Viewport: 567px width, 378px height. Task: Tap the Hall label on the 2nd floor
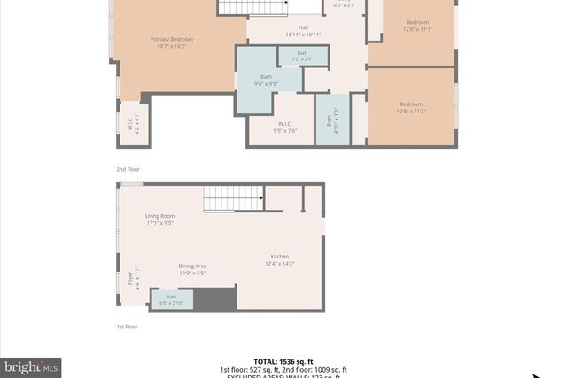[x=303, y=31]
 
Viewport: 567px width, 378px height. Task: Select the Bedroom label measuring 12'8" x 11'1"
[x=417, y=26]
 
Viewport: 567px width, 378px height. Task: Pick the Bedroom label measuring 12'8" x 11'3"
[x=411, y=108]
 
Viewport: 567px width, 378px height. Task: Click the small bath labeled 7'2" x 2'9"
[x=303, y=56]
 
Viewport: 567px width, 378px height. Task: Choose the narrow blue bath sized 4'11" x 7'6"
[x=332, y=119]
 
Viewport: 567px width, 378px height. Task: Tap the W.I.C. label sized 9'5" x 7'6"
[x=284, y=127]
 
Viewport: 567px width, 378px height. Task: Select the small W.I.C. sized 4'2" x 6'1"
[x=134, y=127]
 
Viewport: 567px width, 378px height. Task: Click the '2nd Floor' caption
[x=128, y=169]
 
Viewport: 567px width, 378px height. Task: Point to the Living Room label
[x=160, y=220]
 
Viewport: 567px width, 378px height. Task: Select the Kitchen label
[x=283, y=259]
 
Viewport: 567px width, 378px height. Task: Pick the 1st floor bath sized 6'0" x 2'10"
[x=171, y=300]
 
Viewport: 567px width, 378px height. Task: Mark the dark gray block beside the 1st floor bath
[x=214, y=299]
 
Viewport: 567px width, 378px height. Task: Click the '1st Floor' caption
[x=128, y=327]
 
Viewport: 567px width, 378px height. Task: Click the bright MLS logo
[x=31, y=366]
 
